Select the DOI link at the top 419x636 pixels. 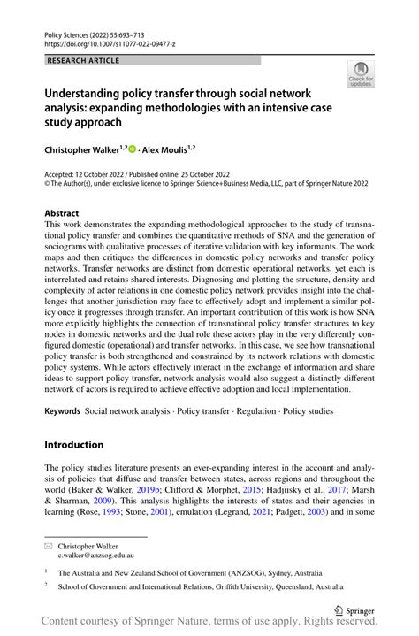click(106, 42)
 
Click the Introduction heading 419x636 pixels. click(74, 444)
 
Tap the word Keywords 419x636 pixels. click(62, 411)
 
